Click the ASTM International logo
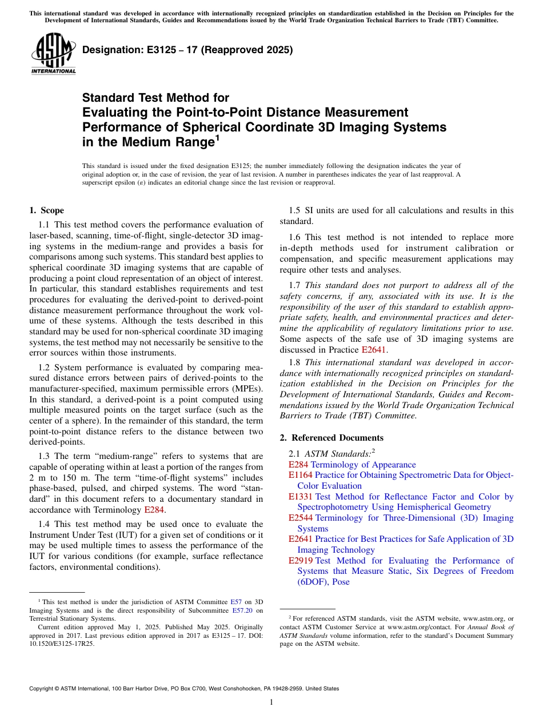click(53, 54)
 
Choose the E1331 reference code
click(301, 497)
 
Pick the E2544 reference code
click(301, 518)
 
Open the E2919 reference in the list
click(301, 561)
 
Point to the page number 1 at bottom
click(271, 702)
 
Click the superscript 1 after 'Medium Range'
click(217, 138)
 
